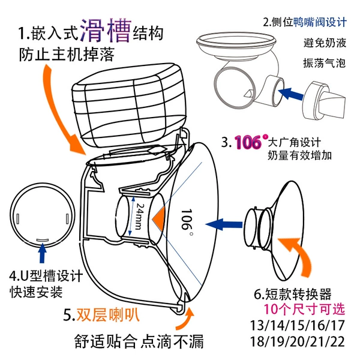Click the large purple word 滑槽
(106, 31)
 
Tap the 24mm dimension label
(139, 216)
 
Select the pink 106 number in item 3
(248, 142)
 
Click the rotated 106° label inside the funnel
(187, 220)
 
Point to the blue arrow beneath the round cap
(42, 253)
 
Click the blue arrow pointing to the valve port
(290, 94)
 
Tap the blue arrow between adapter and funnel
(224, 224)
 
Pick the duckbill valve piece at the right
(324, 100)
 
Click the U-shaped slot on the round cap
(43, 239)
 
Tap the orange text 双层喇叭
(107, 314)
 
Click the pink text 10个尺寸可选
(304, 309)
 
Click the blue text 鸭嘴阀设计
(320, 23)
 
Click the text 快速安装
(36, 292)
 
